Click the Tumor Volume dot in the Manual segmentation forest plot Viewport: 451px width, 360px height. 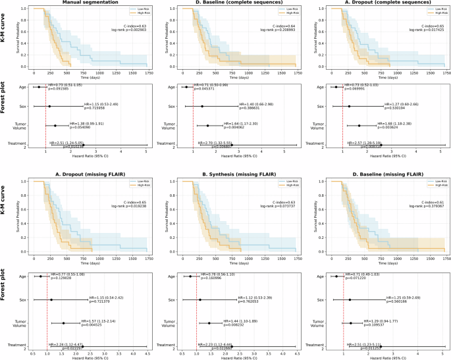click(55, 126)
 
